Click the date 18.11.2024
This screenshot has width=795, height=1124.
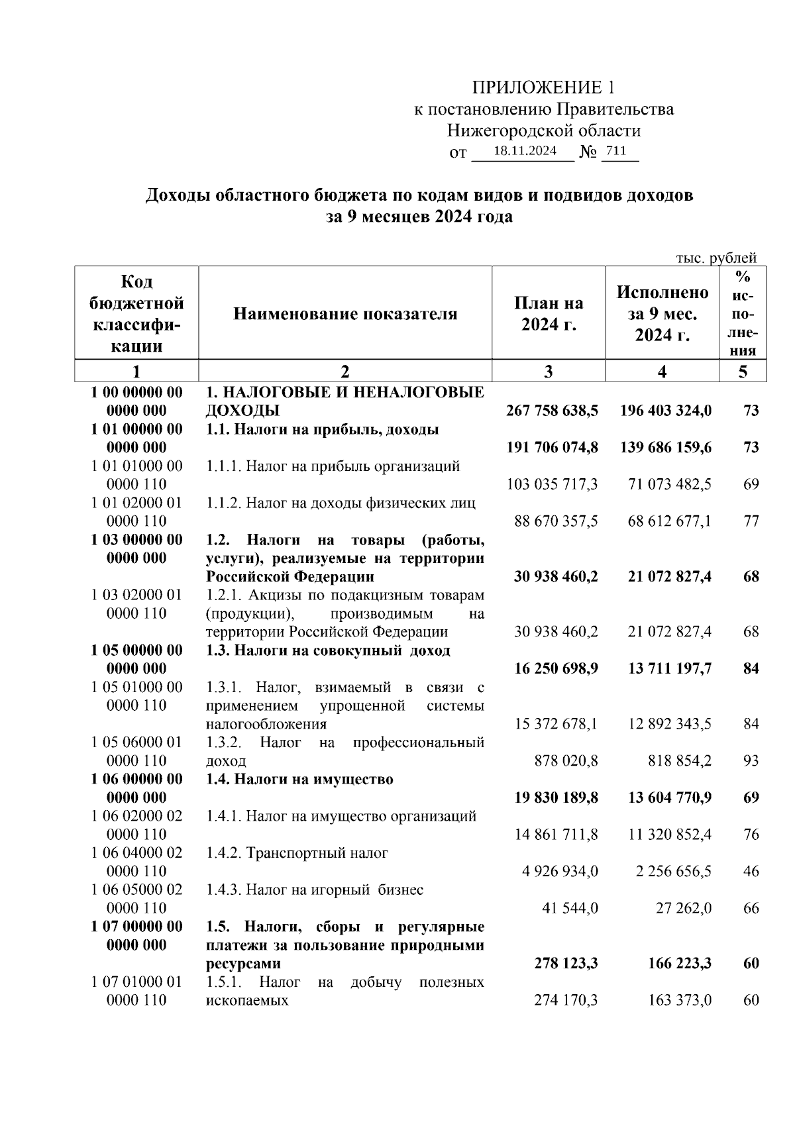525,151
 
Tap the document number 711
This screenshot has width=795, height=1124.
616,151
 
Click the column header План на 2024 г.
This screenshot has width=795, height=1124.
549,314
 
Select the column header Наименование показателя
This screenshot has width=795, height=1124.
345,314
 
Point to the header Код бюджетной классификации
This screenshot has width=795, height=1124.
136,314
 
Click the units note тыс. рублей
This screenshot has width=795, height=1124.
716,258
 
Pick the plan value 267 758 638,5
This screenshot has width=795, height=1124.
552,411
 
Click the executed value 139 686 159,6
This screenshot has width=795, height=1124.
666,448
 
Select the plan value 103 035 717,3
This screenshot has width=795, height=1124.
553,484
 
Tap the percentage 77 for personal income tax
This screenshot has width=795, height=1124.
751,521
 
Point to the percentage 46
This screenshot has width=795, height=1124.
751,872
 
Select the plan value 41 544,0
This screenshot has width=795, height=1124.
570,908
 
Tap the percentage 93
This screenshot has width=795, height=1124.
751,761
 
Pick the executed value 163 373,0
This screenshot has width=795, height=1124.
679,1000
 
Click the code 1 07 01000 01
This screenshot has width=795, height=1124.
136,982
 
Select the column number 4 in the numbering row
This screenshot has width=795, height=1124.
662,372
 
